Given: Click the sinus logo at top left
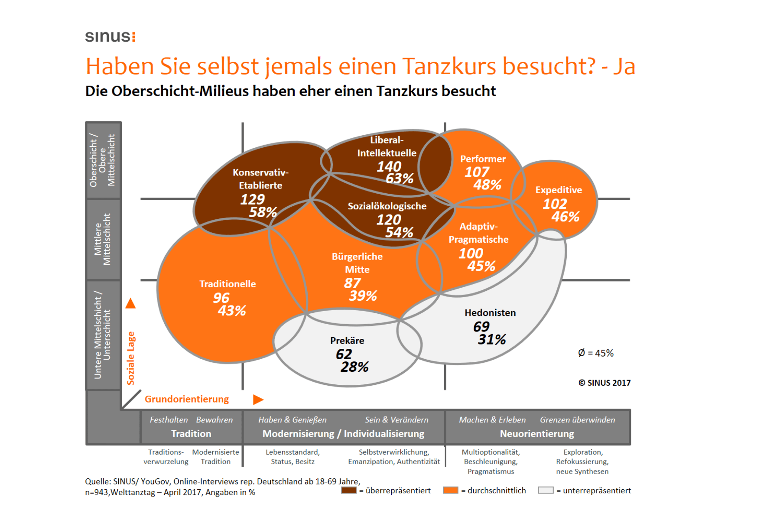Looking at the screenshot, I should pos(110,36).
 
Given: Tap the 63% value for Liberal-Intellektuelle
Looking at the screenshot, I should pos(400,178).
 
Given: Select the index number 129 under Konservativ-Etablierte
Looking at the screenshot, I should pos(252,199).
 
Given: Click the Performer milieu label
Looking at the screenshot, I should pos(483,159).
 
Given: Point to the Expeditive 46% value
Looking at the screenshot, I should pos(565,216).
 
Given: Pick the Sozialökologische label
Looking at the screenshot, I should pos(387,206).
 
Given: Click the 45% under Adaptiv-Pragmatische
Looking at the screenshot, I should pos(481,266).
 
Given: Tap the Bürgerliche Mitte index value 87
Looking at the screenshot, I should pos(352,283).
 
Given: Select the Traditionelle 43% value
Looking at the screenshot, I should pos(231,310).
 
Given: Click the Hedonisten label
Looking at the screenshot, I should pos(490,312).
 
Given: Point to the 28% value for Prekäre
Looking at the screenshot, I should pos(354,367).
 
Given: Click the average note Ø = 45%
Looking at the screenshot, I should pos(596,353).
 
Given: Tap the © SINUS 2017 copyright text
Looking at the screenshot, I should pos(604,383).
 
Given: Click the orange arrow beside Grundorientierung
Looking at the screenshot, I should pos(258,399).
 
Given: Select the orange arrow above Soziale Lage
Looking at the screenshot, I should pos(130,303).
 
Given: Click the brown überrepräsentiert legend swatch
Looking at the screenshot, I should pos(348,490).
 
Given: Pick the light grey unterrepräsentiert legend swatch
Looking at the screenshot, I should pos(546,490).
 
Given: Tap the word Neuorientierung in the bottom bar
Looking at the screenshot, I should pos(537,433).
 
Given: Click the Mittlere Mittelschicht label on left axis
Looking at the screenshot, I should pos(103,239).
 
